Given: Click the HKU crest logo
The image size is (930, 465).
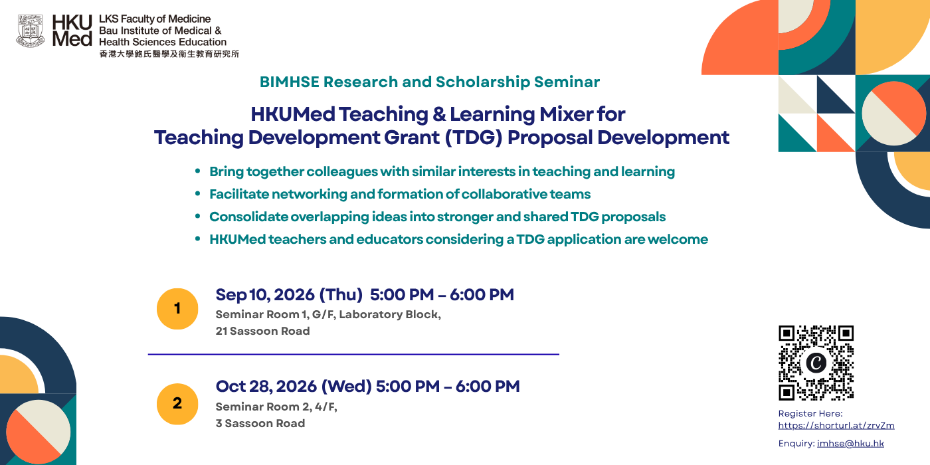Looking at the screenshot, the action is (31, 31).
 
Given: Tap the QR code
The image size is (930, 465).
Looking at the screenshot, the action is (816, 363).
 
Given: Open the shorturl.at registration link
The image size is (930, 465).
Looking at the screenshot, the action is (836, 426).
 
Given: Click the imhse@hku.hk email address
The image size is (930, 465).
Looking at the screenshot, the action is (850, 444).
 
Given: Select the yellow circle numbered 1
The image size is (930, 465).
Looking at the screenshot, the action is (177, 309).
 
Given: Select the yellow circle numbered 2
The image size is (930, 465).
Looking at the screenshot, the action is (177, 404).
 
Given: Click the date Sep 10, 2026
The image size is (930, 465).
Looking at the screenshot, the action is (265, 295).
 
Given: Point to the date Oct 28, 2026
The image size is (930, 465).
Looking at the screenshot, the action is (266, 387).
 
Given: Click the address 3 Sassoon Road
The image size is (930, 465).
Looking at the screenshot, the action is (260, 424).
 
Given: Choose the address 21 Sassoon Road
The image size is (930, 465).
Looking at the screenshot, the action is (262, 331).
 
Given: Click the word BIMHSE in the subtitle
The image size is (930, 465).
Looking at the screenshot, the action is (290, 82).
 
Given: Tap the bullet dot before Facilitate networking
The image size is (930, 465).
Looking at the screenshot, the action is (198, 193).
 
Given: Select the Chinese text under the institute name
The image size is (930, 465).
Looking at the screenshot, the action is (169, 54).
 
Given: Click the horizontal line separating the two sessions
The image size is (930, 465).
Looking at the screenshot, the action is (353, 354).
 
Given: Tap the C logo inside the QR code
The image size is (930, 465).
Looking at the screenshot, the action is (816, 363).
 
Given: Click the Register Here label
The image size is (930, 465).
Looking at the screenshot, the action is (810, 413).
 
